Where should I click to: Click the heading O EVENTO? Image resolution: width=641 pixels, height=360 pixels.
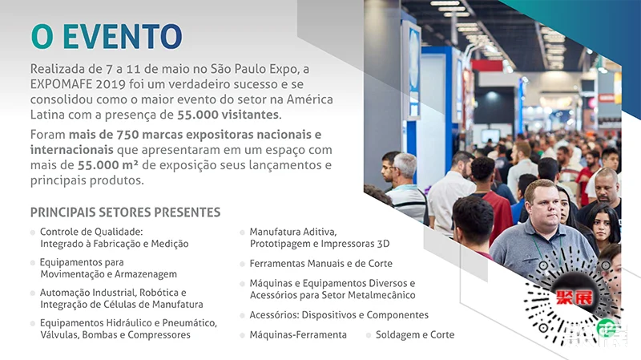coord(107,37)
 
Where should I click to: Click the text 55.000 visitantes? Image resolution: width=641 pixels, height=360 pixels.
coord(228,115)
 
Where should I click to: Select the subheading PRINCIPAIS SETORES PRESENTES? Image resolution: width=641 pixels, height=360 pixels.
coord(126,212)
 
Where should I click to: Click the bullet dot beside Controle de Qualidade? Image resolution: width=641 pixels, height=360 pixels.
coord(33,233)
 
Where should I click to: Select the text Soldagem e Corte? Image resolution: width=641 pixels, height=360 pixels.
coord(415,334)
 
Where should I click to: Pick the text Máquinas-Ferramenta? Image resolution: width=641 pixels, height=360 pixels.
coord(298,334)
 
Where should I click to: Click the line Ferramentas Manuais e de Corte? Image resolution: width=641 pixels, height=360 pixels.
coord(321,264)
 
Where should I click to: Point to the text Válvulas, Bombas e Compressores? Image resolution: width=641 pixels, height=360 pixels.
coord(115,334)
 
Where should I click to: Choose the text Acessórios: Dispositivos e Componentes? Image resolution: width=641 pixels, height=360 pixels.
coord(339,315)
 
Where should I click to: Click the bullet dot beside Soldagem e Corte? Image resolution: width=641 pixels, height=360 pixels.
coord(369,335)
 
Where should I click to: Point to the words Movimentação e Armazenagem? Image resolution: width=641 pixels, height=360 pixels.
coord(108,274)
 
